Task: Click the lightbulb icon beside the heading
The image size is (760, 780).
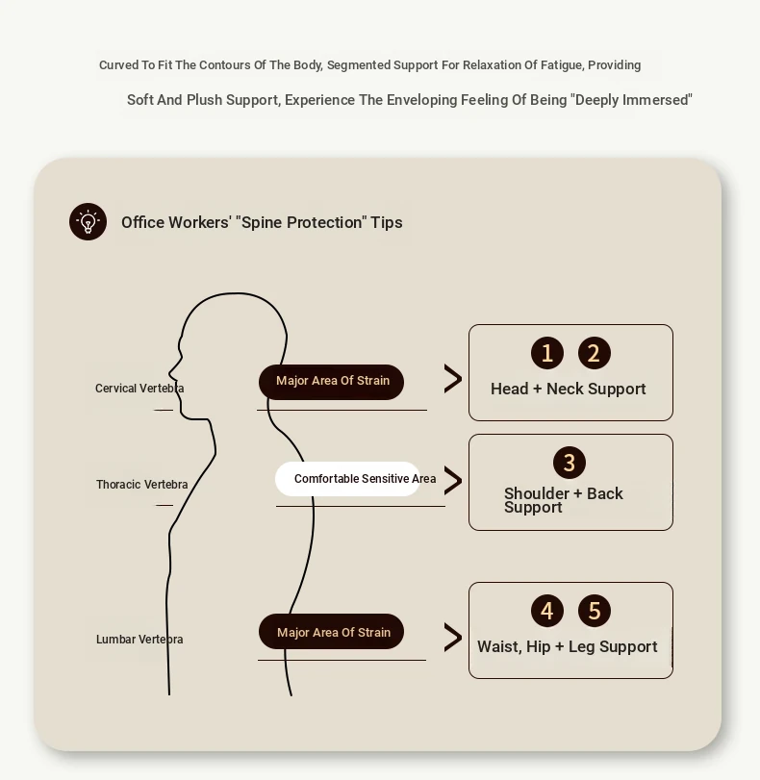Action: [89, 222]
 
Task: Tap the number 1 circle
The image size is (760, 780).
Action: [547, 353]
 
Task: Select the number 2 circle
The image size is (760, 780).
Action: [595, 353]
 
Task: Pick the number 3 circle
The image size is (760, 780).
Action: [570, 463]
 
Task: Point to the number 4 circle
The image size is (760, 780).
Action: [547, 611]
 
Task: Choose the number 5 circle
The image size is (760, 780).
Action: [595, 611]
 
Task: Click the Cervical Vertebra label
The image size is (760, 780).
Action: [139, 389]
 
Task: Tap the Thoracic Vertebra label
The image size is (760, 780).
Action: [141, 485]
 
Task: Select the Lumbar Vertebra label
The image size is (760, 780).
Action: [139, 640]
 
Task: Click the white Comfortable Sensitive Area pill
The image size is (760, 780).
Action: [348, 479]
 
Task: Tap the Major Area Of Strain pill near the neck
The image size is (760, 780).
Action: [332, 382]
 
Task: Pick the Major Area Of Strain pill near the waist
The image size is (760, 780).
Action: [332, 631]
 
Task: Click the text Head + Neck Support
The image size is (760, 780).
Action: [568, 389]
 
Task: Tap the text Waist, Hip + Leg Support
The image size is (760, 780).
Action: [568, 646]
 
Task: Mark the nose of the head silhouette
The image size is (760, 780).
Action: [170, 372]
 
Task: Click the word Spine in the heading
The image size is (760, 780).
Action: [263, 222]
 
